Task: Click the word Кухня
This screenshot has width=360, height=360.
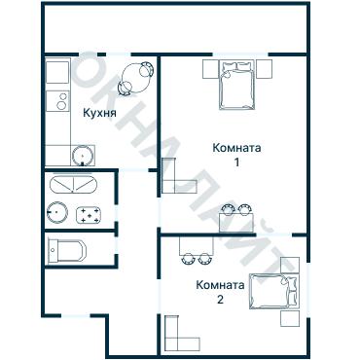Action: [x=100, y=113]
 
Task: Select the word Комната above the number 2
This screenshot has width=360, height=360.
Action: [x=219, y=285]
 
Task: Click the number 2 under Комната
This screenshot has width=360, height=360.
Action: [x=220, y=300]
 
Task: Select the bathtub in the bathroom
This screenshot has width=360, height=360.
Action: [x=71, y=185]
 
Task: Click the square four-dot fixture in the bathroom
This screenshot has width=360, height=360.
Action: [x=90, y=213]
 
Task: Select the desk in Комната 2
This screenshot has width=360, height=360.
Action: [x=196, y=255]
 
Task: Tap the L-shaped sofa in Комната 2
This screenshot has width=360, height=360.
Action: [x=177, y=334]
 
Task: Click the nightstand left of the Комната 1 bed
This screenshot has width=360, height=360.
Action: [x=211, y=68]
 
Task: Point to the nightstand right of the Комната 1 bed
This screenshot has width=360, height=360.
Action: [x=264, y=68]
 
